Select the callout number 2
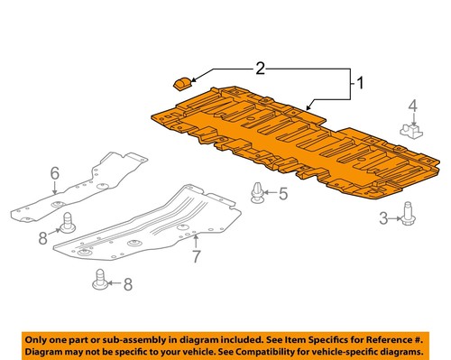[261, 67]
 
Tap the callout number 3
[383, 217]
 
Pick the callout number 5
[282, 193]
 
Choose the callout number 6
[54, 171]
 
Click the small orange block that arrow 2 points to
[180, 84]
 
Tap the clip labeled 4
[412, 132]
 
